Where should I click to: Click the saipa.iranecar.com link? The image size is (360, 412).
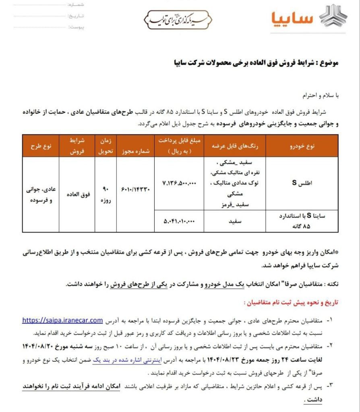[x=62, y=320]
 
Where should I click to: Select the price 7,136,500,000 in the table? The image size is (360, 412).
[x=180, y=183]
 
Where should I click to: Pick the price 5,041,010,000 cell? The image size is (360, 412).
[x=180, y=221]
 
